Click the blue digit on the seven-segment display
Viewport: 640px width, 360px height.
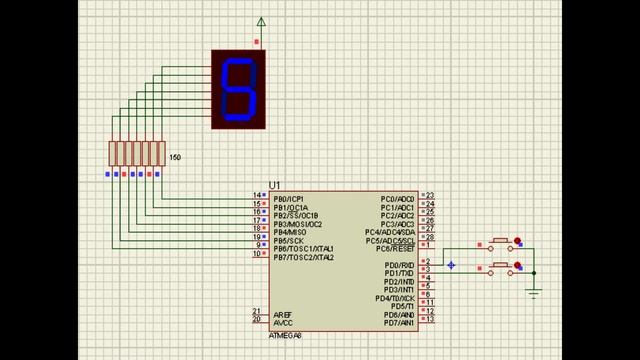[240, 89]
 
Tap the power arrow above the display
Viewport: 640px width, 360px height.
[262, 22]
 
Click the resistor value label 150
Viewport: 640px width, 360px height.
[175, 158]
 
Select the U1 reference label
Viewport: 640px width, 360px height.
[275, 186]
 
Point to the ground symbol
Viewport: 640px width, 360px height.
[534, 292]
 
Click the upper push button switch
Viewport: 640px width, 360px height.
[501, 243]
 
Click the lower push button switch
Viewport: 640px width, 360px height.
[501, 267]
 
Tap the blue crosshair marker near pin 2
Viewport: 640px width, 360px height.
[451, 265]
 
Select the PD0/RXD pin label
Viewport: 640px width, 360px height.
[399, 265]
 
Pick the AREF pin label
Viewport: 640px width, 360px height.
[283, 315]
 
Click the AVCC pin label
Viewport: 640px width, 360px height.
[283, 323]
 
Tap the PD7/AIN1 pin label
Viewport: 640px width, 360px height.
[398, 323]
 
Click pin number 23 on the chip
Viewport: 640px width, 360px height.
[429, 196]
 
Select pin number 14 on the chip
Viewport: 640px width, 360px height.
[258, 196]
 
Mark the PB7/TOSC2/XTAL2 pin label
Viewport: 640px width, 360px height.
[303, 257]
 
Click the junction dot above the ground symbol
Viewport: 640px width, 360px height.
[534, 271]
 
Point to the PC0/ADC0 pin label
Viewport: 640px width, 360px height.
[398, 199]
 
